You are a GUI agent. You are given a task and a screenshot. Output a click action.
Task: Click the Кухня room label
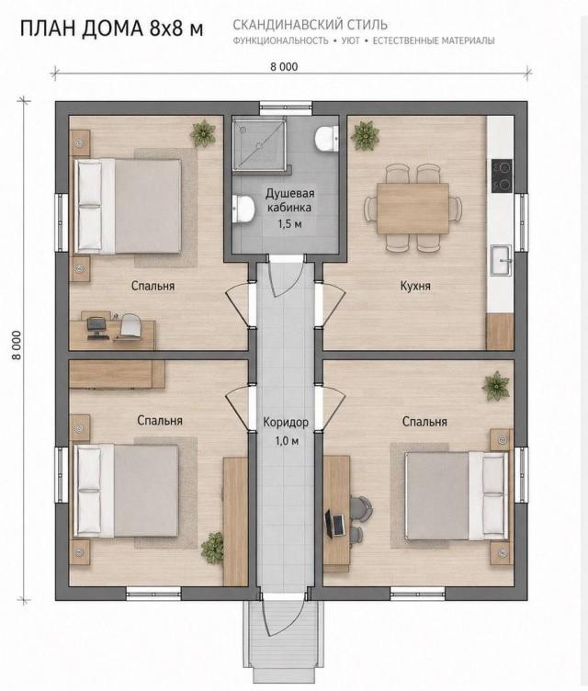click(x=415, y=286)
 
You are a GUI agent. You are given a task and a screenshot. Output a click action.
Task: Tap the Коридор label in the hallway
click(x=286, y=422)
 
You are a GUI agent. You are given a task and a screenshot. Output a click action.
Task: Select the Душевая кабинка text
click(x=289, y=200)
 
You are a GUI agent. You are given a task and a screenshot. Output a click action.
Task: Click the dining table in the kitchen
click(x=413, y=209)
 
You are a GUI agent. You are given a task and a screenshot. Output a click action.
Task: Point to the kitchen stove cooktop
click(x=502, y=176)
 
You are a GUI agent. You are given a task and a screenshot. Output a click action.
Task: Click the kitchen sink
click(x=501, y=260)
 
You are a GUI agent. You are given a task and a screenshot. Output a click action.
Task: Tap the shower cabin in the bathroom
click(x=259, y=143)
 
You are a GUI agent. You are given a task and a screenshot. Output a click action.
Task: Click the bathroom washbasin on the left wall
click(x=243, y=208)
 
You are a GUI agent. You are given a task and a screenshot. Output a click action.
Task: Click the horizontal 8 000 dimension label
click(x=284, y=66)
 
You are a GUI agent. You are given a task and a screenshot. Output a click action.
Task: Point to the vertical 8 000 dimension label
click(x=17, y=345)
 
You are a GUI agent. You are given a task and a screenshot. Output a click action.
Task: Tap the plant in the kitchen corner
click(x=365, y=135)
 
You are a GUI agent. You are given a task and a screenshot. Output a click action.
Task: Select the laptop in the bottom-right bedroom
click(x=335, y=524)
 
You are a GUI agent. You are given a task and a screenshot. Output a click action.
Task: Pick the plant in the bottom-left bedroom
click(x=213, y=548)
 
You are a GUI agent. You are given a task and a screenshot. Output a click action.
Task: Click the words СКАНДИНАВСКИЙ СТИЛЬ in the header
click(x=310, y=25)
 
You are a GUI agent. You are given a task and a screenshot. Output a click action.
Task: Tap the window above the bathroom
click(x=285, y=108)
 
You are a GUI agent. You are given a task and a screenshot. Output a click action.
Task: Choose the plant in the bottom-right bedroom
click(x=496, y=387)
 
